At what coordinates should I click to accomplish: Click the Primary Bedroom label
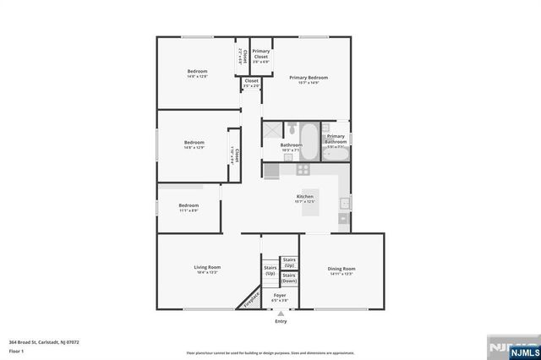coord(308,78)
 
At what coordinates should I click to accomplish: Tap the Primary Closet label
coord(261,56)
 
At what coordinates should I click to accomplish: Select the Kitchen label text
coord(304,197)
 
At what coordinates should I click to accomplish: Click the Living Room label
coord(207,268)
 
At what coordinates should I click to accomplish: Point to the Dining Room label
coord(342,270)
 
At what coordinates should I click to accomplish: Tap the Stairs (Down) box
coord(289,278)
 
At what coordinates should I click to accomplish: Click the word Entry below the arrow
coord(281,322)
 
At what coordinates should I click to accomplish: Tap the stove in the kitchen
coord(271,172)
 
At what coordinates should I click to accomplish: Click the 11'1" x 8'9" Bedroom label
coord(189,206)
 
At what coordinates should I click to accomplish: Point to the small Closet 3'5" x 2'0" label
coord(251,83)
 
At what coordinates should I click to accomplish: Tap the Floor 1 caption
coord(16,350)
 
